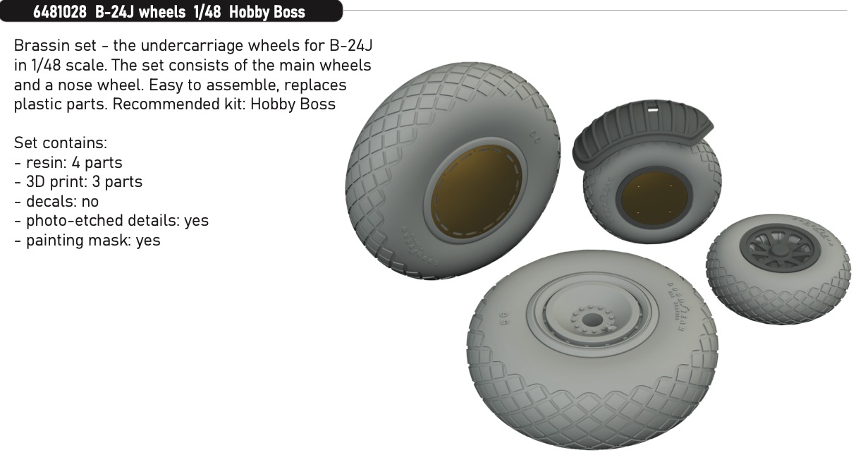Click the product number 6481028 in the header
pos(60,12)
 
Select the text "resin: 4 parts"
pos(73,163)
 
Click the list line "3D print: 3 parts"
pos(84,182)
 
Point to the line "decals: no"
pos(62,201)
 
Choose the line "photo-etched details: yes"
pos(117,221)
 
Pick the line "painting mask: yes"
pos(93,240)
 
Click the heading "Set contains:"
pos(61,143)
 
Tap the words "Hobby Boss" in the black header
pos(267,12)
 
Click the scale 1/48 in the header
pos(207,12)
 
